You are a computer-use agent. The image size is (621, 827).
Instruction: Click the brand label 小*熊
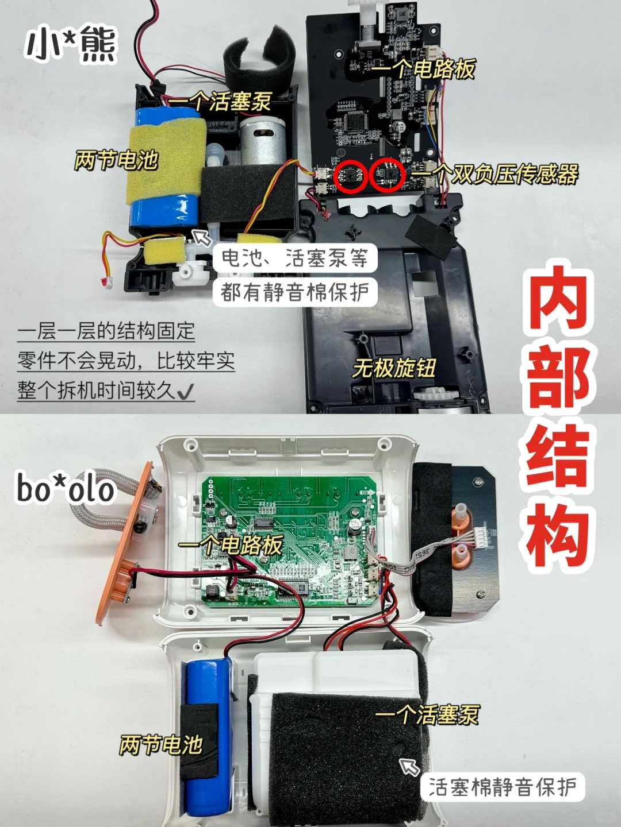71,44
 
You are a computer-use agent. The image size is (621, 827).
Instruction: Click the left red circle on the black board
351,176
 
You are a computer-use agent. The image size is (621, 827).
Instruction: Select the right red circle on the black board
388,175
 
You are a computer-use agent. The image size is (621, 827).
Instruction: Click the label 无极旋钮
393,368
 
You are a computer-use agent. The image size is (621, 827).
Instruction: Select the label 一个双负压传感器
494,175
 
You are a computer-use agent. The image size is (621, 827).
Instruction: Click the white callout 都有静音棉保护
295,292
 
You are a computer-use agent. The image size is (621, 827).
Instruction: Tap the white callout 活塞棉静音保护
503,787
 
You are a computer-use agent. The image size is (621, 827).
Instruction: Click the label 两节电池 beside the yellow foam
117,160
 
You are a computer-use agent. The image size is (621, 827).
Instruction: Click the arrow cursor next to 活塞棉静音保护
409,766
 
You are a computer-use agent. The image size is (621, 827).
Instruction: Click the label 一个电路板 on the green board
231,545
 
